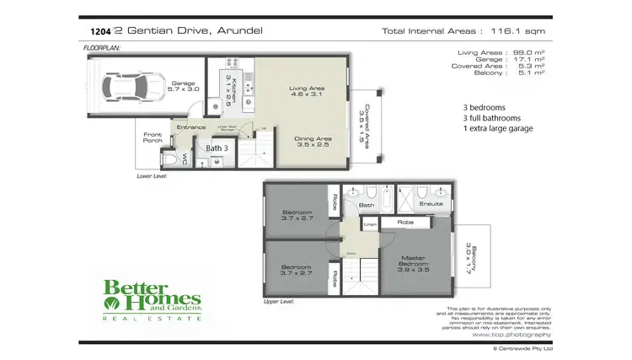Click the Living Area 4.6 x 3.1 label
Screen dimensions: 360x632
(306, 94)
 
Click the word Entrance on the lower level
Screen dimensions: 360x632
(190, 127)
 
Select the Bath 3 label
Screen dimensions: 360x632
(217, 148)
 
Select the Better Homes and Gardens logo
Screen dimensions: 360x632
(152, 299)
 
